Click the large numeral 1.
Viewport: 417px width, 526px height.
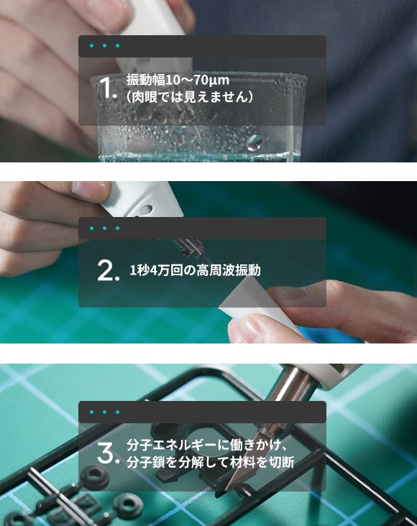107,88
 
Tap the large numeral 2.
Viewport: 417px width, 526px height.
108,270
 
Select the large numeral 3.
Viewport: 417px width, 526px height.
108,453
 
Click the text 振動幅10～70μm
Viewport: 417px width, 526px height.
178,80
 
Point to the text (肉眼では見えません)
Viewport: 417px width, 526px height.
190,97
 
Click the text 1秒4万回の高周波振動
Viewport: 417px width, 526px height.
195,270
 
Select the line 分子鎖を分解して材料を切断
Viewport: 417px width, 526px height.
211,462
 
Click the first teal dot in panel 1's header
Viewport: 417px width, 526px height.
91,45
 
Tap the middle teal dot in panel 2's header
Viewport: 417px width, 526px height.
105,228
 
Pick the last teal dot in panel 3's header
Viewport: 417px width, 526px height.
117,412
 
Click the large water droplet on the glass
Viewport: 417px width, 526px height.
255,142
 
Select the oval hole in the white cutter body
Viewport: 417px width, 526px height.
147,210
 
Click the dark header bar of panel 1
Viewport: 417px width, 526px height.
202,46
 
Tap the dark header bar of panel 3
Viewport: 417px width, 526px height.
202,412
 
